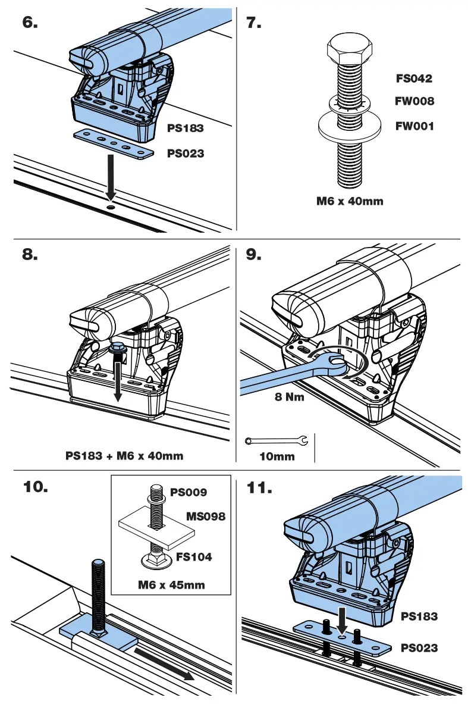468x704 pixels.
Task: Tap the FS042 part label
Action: pos(414,78)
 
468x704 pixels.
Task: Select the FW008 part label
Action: pos(414,101)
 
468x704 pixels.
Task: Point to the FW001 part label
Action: pos(414,126)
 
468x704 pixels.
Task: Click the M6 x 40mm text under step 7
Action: pos(350,201)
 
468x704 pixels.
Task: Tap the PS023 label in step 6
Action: pos(185,154)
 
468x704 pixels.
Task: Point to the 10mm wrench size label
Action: pos(277,456)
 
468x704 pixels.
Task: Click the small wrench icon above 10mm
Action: pos(277,441)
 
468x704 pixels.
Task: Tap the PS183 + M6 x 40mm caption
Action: pos(124,456)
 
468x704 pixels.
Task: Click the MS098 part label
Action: pos(206,516)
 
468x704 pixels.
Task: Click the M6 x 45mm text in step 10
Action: pos(171,584)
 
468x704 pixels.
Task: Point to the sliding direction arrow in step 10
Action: pos(164,664)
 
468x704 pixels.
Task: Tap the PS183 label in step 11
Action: pos(419,617)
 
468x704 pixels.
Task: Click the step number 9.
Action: pos(254,255)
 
